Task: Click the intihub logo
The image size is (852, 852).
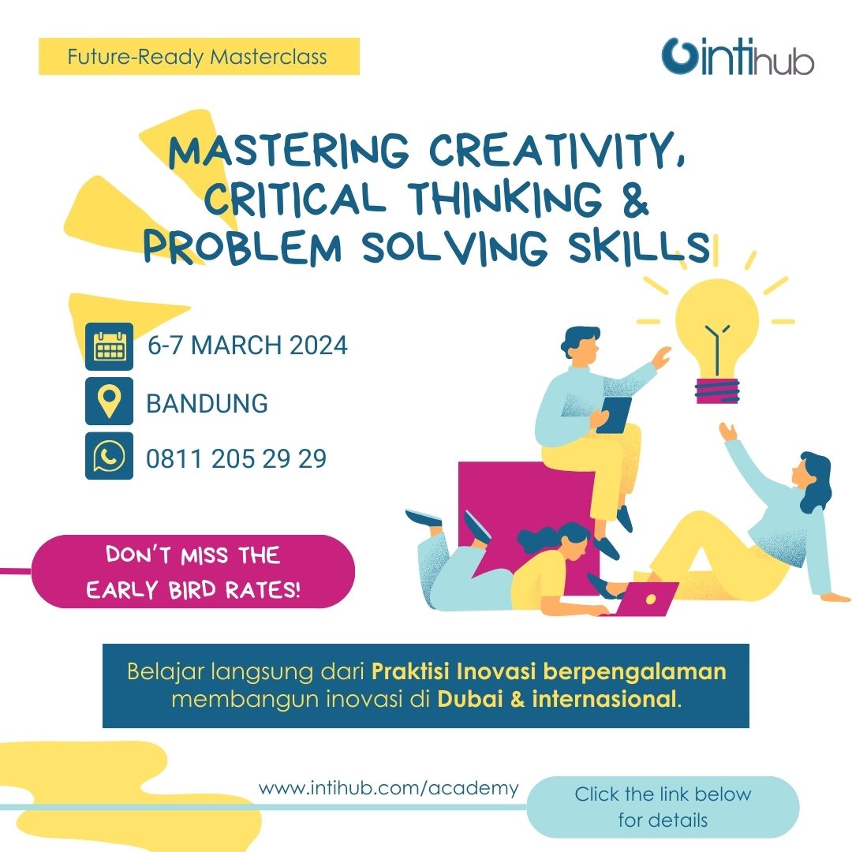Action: pyautogui.click(x=737, y=56)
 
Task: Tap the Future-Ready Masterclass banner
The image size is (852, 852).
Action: pyautogui.click(x=198, y=57)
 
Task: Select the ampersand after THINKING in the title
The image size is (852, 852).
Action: pyautogui.click(x=633, y=199)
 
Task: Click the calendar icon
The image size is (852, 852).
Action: pyautogui.click(x=109, y=346)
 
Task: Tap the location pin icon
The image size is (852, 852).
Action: pyautogui.click(x=109, y=402)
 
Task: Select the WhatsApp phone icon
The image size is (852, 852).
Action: pyautogui.click(x=109, y=456)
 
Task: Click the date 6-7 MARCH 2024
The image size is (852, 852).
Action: pyautogui.click(x=248, y=346)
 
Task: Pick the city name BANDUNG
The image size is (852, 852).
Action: pyautogui.click(x=207, y=404)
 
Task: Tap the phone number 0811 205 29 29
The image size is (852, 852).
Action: pyautogui.click(x=237, y=458)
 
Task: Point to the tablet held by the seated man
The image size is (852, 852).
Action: pyautogui.click(x=614, y=414)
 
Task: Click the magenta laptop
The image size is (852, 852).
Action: pyautogui.click(x=648, y=599)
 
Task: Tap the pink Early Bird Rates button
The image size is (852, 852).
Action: pyautogui.click(x=193, y=572)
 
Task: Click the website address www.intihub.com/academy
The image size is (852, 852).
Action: pyautogui.click(x=389, y=788)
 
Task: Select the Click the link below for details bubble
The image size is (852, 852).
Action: pyautogui.click(x=663, y=806)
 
